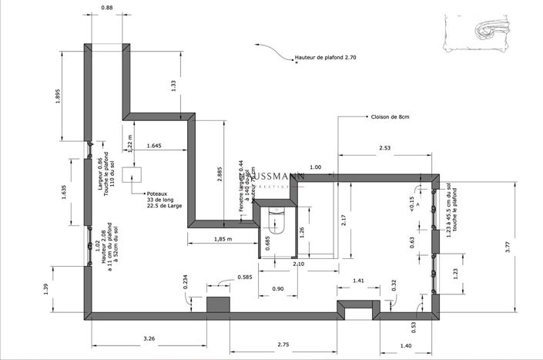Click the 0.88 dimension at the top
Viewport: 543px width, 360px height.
pyautogui.click(x=107, y=8)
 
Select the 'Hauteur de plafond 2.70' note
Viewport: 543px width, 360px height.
pyautogui.click(x=325, y=58)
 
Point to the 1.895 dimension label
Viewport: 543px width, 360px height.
pyautogui.click(x=59, y=100)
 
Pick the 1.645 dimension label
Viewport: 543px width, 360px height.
pyautogui.click(x=153, y=146)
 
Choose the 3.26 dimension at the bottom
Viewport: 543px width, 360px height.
pyautogui.click(x=150, y=338)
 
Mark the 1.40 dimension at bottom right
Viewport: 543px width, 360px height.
pyautogui.click(x=406, y=345)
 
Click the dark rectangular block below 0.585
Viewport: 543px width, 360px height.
pyautogui.click(x=219, y=304)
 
